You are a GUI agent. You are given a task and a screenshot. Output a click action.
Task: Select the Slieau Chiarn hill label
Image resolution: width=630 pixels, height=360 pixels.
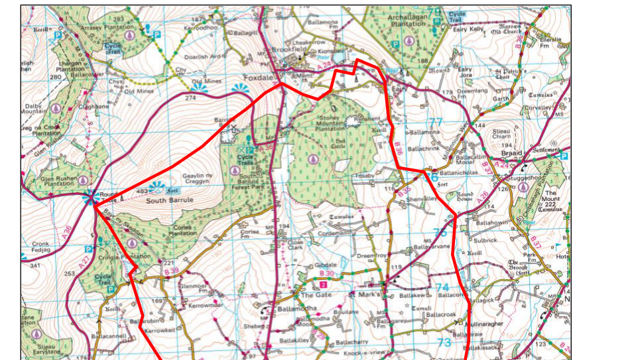pos(507,133)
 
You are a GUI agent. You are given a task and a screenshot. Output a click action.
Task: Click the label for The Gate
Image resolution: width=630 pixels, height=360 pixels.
pos(316,294)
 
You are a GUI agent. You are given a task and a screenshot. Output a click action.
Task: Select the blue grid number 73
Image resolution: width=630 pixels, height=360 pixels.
pos(444,342)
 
